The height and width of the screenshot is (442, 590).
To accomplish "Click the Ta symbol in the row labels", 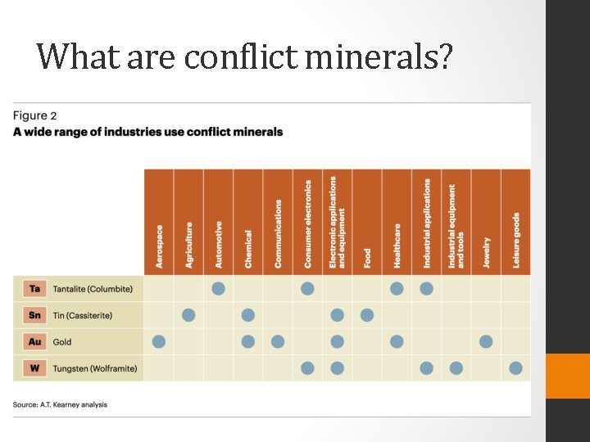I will click(x=34, y=289).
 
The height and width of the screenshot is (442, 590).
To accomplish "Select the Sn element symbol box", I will click(x=34, y=315).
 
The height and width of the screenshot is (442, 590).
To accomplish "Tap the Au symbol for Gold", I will click(x=34, y=342).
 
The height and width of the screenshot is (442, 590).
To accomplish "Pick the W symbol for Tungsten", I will click(x=34, y=368).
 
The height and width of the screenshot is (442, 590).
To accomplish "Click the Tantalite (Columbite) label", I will click(x=93, y=289).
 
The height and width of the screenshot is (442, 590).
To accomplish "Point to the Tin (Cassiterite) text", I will click(x=83, y=316).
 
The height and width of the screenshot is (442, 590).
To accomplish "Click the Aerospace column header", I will click(x=159, y=246).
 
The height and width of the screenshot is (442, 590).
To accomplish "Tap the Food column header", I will click(x=367, y=258).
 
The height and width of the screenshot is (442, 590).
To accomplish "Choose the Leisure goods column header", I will click(x=516, y=240).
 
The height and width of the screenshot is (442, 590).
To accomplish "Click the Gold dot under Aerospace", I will click(x=159, y=341).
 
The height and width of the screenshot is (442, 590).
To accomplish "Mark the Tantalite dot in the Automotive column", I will click(x=218, y=288).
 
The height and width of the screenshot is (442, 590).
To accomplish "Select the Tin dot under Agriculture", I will click(x=188, y=315).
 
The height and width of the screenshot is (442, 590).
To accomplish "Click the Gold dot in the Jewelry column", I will click(x=486, y=341).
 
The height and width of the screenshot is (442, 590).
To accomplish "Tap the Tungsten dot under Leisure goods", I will click(x=515, y=368).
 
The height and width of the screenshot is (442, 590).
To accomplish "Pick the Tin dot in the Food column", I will click(x=367, y=315).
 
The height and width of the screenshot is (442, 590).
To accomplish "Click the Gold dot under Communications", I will click(x=278, y=341).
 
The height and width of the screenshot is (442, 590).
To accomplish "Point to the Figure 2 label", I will click(x=35, y=116).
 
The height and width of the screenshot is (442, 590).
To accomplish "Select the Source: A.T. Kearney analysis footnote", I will click(x=60, y=404).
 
